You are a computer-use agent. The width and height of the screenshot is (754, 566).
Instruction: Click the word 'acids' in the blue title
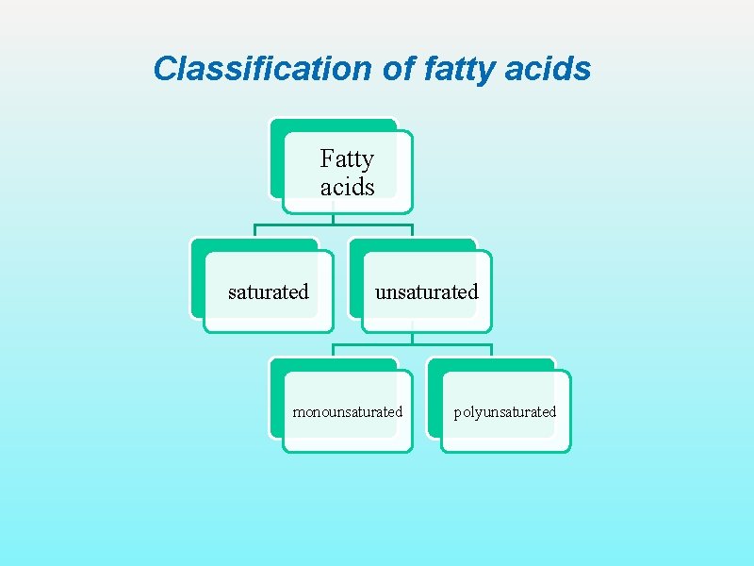coord(549,69)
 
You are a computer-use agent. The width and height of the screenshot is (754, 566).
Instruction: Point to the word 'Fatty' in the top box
coord(347,158)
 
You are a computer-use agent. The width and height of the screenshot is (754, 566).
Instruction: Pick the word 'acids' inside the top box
coord(347,187)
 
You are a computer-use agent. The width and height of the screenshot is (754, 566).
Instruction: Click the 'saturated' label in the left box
coord(269,291)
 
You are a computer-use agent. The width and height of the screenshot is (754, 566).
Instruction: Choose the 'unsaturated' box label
coord(427,291)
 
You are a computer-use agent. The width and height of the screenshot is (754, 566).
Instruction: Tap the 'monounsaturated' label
coord(348,411)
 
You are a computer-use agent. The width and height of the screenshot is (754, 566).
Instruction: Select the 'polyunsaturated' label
coord(505,411)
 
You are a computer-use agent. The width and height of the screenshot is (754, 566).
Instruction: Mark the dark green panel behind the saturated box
coord(197,283)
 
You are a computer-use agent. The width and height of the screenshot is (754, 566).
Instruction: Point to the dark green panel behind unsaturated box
coord(356,283)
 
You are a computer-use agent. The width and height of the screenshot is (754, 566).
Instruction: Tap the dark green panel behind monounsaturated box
coord(276,401)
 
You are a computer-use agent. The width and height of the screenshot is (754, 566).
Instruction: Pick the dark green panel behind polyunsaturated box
coord(434,401)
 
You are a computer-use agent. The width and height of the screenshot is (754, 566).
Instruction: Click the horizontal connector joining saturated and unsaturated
coord(334,225)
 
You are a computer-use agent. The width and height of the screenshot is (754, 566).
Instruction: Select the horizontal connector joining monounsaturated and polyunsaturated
coord(413,344)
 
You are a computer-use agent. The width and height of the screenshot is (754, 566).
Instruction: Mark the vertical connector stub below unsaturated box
coord(413,337)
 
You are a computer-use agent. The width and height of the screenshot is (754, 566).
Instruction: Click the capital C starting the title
coord(164,69)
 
